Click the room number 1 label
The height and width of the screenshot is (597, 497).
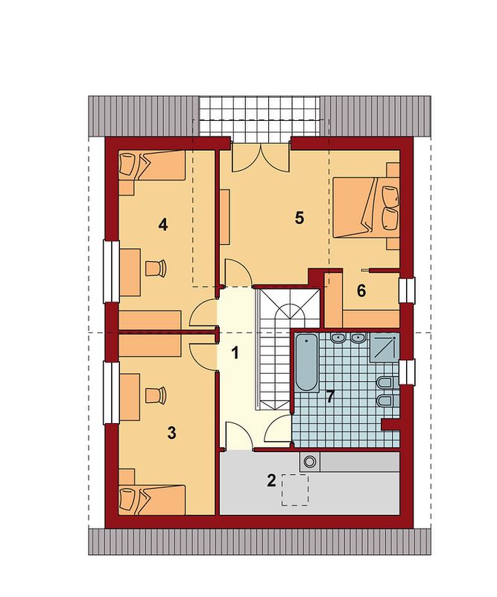(x=235, y=353)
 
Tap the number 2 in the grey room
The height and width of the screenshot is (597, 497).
(x=271, y=481)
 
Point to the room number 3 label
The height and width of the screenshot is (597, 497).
(x=172, y=433)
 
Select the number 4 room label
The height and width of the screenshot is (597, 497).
(x=162, y=225)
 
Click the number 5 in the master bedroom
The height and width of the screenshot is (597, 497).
(x=300, y=218)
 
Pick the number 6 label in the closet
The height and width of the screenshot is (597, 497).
(x=361, y=291)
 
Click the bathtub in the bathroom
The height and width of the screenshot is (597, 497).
(x=307, y=363)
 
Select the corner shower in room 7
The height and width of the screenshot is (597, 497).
(x=384, y=347)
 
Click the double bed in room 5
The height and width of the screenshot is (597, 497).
(x=366, y=207)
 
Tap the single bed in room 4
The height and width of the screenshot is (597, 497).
(x=152, y=166)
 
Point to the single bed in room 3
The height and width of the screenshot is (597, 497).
(x=152, y=499)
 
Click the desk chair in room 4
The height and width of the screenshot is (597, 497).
(x=156, y=268)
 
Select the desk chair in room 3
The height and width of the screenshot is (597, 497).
(x=156, y=396)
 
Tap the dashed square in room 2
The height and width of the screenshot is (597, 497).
(x=295, y=490)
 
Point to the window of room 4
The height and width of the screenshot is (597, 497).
(x=111, y=272)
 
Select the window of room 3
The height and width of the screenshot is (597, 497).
(x=111, y=393)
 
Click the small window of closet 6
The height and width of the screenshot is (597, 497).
(x=408, y=290)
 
